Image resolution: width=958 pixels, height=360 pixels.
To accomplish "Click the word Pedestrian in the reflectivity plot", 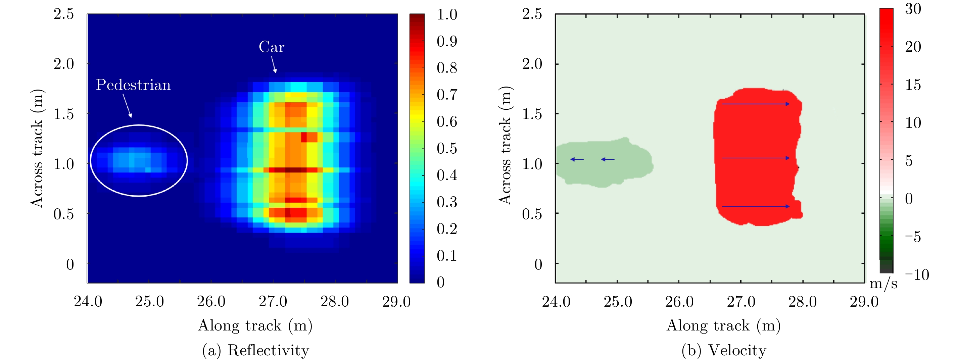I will (x=133, y=85).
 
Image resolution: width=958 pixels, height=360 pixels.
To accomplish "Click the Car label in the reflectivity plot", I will (x=272, y=47).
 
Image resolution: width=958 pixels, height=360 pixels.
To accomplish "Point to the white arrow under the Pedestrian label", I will (x=127, y=106).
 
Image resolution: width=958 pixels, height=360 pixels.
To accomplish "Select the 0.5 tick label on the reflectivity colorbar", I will (x=447, y=148).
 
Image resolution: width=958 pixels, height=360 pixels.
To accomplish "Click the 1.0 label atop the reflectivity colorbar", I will (x=447, y=14).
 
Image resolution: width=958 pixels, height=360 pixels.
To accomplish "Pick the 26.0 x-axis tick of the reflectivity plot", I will (x=211, y=301).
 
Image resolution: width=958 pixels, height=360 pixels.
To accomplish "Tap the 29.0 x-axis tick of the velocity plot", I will (x=864, y=301).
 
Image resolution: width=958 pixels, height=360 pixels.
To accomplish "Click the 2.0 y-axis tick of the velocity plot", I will (x=532, y=64).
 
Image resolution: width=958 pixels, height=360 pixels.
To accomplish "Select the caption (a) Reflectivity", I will (x=255, y=350).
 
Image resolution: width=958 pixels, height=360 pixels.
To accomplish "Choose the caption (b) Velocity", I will (x=724, y=350).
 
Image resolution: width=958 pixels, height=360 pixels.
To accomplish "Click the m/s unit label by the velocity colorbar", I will (x=883, y=284).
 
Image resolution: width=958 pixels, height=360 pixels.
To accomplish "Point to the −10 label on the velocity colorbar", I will (x=917, y=275).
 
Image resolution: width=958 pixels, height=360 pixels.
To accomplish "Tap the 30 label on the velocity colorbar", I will (x=913, y=9).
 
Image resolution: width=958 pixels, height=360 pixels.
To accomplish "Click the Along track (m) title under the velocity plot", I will (x=723, y=325).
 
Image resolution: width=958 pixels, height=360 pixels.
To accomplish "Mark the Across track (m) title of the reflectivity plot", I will (x=37, y=148).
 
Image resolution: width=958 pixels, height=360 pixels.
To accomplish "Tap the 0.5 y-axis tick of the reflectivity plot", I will (x=63, y=214).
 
